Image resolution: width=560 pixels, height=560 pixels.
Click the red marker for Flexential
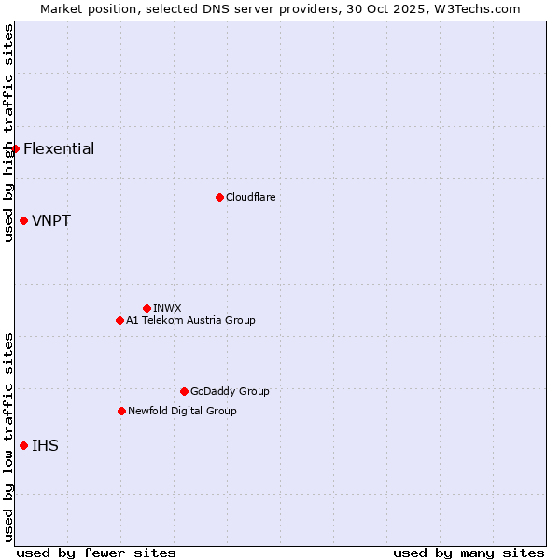click(15, 148)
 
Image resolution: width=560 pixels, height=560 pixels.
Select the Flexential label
click(59, 149)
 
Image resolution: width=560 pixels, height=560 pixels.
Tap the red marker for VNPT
click(23, 220)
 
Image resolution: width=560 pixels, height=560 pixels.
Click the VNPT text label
click(51, 221)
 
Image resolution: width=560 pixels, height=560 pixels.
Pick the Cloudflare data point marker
click(219, 197)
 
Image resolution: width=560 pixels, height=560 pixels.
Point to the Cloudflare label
click(251, 198)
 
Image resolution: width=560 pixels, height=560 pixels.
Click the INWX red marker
click(147, 308)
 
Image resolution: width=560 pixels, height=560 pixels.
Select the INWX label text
click(168, 309)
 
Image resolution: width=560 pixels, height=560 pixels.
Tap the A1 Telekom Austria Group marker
click(119, 320)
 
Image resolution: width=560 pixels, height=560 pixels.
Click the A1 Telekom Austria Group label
click(190, 321)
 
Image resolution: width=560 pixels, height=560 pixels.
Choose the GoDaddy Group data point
click(184, 391)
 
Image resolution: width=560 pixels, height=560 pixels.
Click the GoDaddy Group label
click(230, 392)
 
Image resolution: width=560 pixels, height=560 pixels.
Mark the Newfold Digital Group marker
click(121, 411)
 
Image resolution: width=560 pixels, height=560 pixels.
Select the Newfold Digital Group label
click(182, 412)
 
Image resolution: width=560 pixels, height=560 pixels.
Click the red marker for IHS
click(23, 445)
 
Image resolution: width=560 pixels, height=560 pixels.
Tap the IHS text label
click(45, 446)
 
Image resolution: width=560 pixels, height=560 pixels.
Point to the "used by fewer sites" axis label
click(96, 553)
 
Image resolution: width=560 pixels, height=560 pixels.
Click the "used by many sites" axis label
click(469, 553)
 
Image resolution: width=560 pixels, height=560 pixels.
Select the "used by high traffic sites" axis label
click(8, 133)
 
